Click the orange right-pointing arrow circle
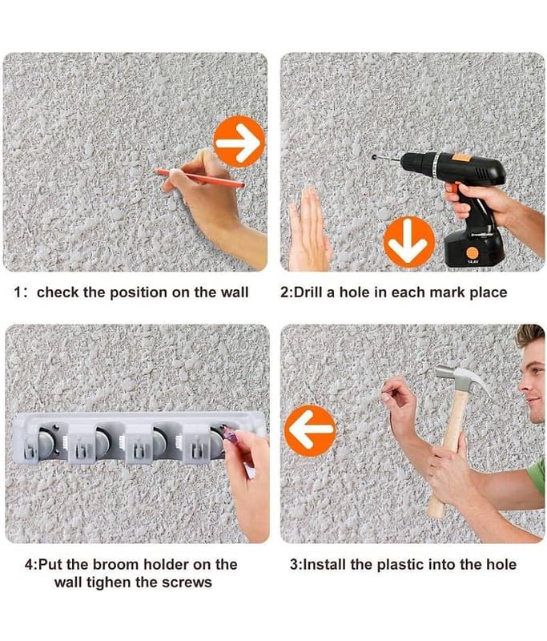239,142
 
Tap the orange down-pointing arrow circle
409,242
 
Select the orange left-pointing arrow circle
310,430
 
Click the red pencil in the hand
199,178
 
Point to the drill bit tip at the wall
374,156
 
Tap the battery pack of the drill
474,247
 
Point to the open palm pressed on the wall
309,230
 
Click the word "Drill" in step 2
308,292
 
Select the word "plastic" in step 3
400,565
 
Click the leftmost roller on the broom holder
46,441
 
